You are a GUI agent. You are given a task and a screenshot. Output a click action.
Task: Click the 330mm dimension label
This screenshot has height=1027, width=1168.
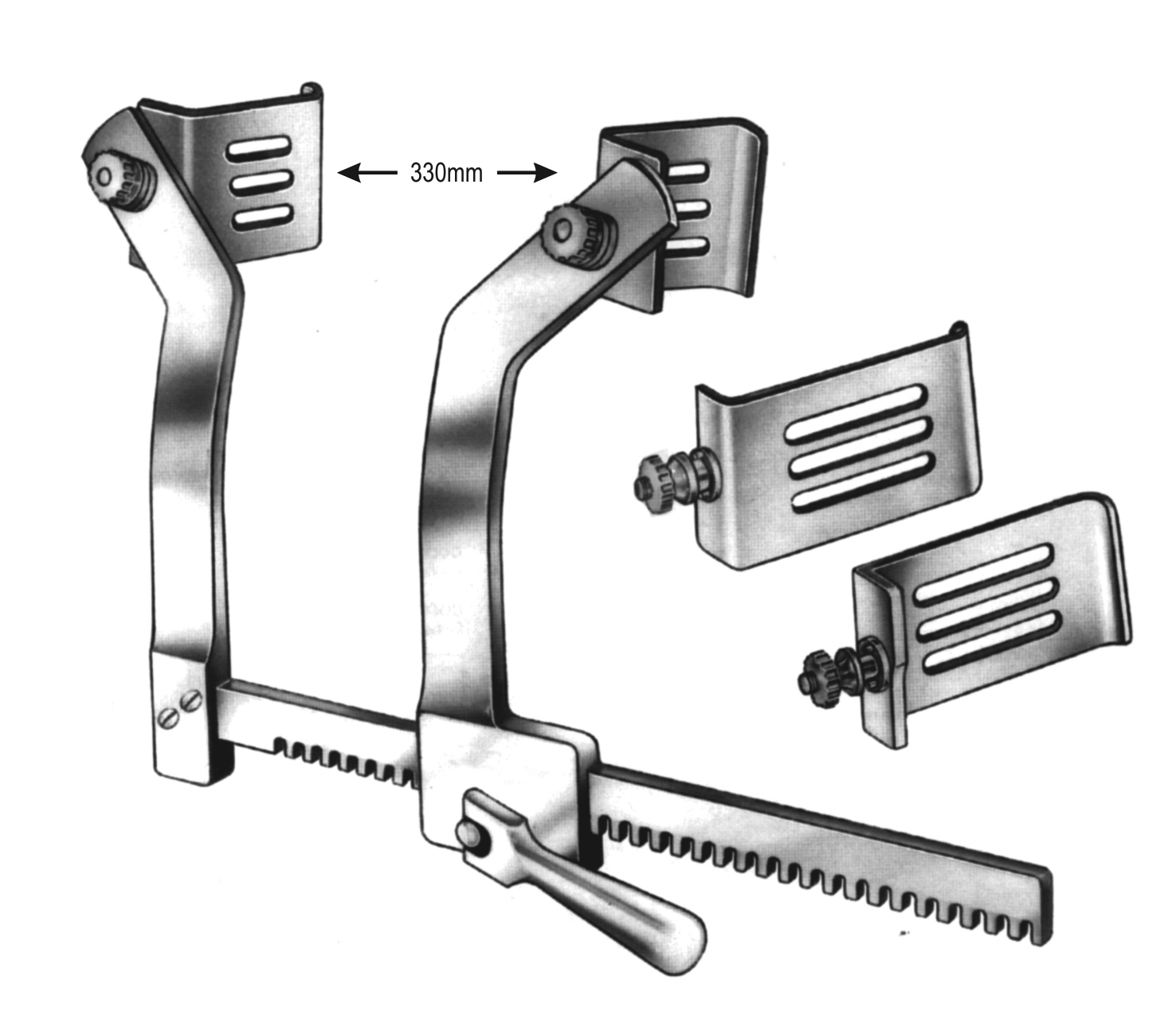tap(446, 172)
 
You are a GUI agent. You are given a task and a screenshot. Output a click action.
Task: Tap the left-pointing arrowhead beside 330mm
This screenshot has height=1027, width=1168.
tap(349, 172)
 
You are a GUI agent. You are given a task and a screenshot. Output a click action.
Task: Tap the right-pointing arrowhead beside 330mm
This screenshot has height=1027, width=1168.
tap(545, 172)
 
